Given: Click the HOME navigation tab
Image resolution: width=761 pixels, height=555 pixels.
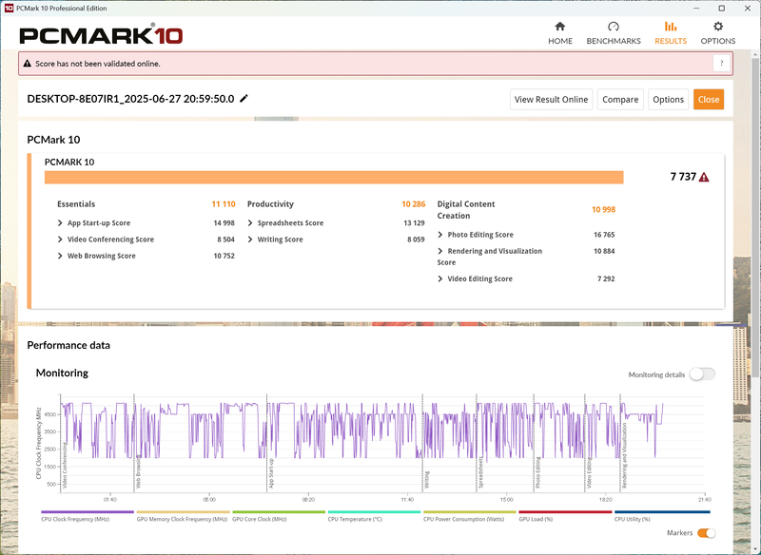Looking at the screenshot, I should point(560,33).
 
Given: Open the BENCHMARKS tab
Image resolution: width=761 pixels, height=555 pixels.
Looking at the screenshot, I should point(614,33).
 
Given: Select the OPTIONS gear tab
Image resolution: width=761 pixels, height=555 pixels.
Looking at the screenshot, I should point(718,33).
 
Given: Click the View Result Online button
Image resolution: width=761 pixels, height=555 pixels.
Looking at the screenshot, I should point(552,99).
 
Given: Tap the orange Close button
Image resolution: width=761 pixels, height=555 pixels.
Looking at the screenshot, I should point(709,99).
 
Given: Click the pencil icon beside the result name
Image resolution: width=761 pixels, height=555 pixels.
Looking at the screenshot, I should point(244,98).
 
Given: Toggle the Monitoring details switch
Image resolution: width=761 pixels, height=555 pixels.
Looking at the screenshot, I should point(702,374).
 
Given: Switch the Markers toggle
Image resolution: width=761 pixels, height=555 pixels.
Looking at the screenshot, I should point(707,533).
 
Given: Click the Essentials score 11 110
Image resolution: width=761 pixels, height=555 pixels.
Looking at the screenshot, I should point(223,204).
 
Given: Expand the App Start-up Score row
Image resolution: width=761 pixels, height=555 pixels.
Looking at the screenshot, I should point(98,223).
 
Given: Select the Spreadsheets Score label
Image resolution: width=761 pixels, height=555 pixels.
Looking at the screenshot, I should point(290,223).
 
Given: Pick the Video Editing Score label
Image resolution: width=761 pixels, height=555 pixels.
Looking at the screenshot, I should point(479,279).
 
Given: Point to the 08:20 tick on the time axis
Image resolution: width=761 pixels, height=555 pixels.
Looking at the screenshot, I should point(308,499).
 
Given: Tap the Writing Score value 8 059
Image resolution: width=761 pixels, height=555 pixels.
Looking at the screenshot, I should point(411,239).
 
